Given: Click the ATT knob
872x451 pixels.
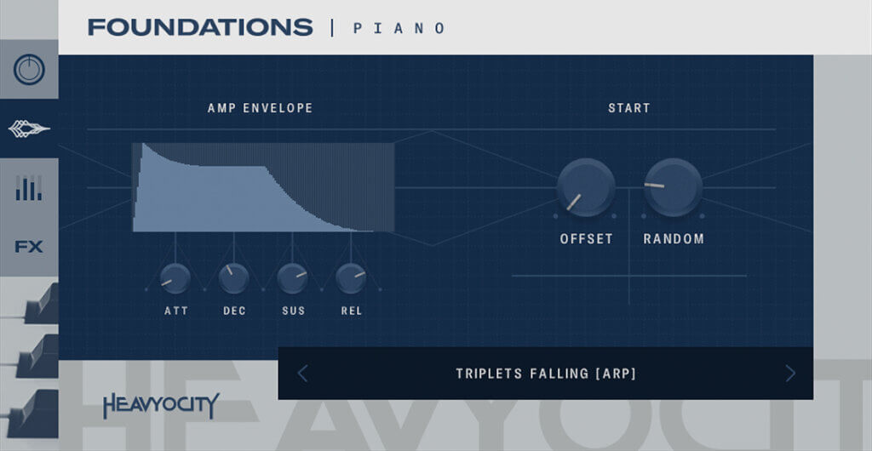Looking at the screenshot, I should tap(175, 278).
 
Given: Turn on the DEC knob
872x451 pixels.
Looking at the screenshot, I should tap(234, 277).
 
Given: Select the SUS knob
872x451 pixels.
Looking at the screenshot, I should tap(293, 277).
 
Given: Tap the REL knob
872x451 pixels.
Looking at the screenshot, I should tap(351, 277).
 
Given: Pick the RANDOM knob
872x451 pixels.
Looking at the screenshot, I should tap(673, 187).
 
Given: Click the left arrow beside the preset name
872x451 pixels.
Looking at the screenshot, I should tap(303, 373).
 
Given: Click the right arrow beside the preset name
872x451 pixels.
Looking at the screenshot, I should tap(790, 373).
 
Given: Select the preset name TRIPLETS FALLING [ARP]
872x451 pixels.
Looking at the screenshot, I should tap(546, 374).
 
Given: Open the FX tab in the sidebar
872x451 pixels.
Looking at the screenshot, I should tap(29, 247).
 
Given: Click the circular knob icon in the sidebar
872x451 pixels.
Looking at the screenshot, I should tap(29, 70).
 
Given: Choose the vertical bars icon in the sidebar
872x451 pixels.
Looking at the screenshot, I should tap(29, 188).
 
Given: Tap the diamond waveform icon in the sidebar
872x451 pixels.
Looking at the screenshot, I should tap(29, 129).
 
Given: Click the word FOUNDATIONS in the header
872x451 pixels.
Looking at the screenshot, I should tap(200, 27).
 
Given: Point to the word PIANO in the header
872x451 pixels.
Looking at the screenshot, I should tap(399, 28).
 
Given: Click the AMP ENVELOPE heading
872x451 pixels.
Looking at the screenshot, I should tap(260, 108).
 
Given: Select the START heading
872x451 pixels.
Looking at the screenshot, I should tap(628, 108).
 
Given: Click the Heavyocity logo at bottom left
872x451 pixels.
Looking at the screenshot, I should tap(161, 406).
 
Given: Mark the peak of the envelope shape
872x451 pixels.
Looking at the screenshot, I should tap(143, 146).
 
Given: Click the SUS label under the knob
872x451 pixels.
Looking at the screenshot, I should tap(293, 311).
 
